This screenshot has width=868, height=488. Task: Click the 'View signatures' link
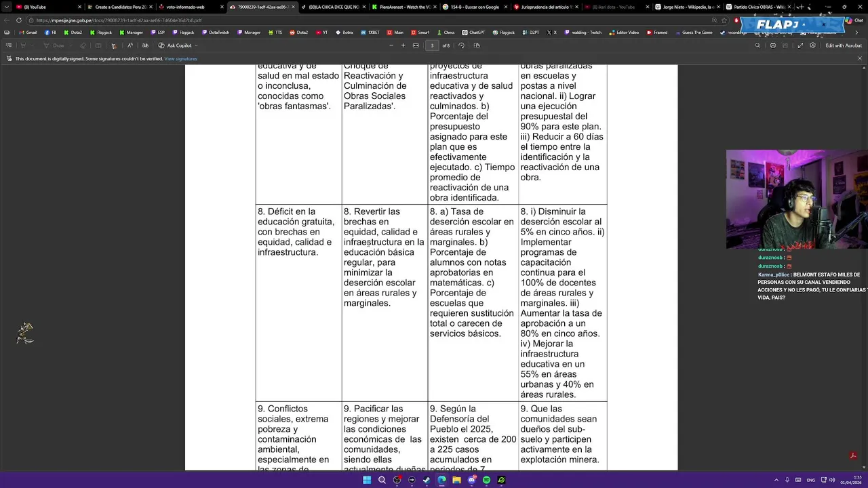click(x=180, y=59)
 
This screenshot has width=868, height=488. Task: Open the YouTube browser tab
click(x=37, y=7)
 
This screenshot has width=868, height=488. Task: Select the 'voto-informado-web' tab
click(x=185, y=7)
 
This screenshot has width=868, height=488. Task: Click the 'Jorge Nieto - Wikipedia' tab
click(x=686, y=7)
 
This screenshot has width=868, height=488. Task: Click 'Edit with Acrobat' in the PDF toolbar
click(x=843, y=45)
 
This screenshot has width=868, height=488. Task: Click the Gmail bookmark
click(x=28, y=33)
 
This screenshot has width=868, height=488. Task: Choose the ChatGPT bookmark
click(x=474, y=33)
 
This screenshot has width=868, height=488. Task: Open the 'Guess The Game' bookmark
click(x=694, y=33)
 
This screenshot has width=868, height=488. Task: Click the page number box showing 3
click(x=432, y=45)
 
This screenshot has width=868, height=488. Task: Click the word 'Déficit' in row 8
click(x=281, y=211)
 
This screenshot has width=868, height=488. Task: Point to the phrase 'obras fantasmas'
click(x=294, y=106)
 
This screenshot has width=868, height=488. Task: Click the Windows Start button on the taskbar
click(x=367, y=480)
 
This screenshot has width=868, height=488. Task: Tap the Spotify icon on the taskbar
click(x=486, y=480)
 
